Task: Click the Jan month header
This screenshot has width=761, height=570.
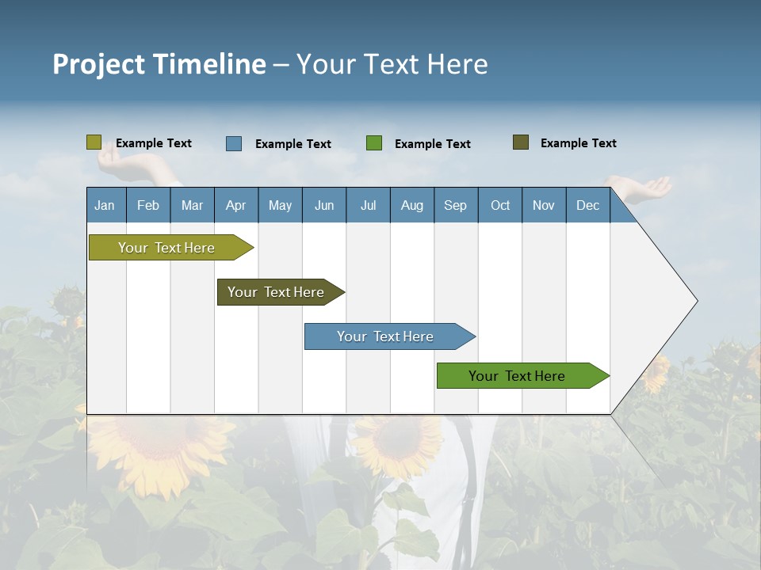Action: coord(105,205)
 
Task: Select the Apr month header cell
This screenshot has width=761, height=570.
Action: coord(236,205)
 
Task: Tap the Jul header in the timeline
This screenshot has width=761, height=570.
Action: coord(368,205)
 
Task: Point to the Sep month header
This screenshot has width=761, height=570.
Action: coord(455,205)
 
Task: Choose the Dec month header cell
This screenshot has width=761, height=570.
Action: coord(587,205)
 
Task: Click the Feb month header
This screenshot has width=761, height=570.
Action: coord(148,205)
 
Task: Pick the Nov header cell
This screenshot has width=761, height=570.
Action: coord(544,205)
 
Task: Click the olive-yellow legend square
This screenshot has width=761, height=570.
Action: coord(94,142)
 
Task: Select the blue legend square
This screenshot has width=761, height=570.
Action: coord(234,143)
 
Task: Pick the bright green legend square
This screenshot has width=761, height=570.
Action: coord(374,143)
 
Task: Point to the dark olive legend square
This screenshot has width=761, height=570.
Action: coord(521,142)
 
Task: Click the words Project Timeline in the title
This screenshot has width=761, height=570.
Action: coord(159,64)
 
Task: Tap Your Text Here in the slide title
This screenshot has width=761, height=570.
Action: coord(392,64)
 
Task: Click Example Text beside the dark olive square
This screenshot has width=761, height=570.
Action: coord(578,143)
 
